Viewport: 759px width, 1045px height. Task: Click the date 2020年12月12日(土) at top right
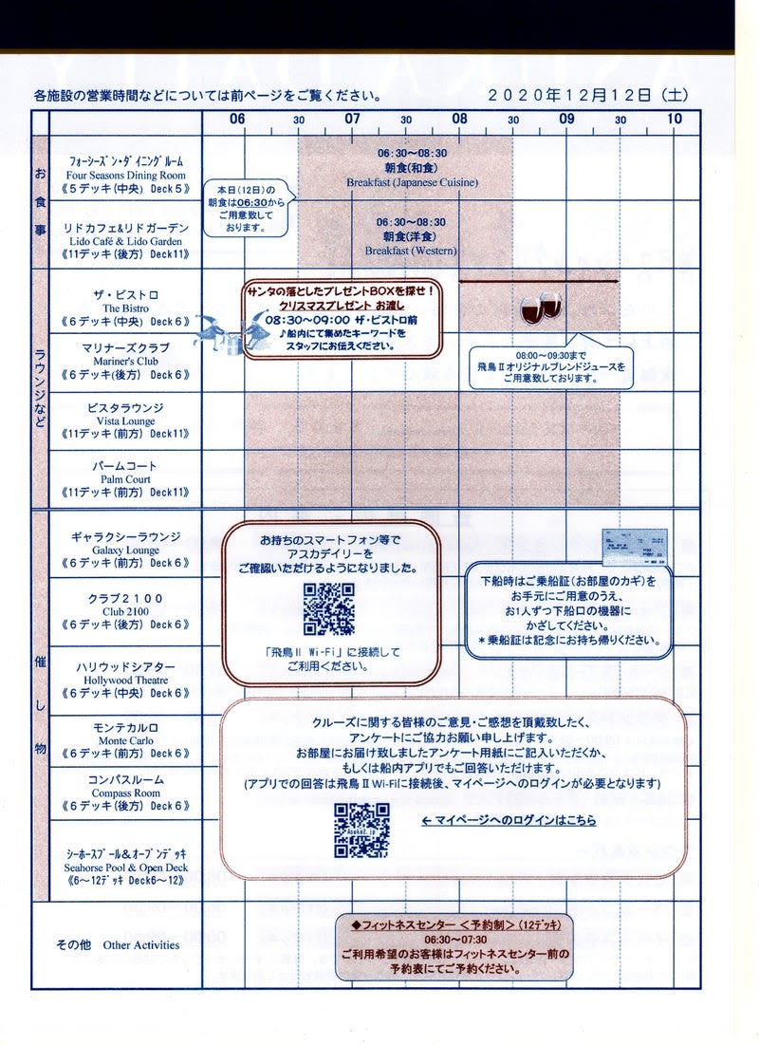(587, 95)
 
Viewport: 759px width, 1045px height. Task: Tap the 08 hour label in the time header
(459, 119)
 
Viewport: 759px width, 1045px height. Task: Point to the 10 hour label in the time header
(674, 119)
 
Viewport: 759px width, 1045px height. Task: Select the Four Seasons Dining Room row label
(125, 176)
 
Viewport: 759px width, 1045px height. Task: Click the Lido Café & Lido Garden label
(125, 241)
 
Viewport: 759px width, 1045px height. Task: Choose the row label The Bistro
(125, 308)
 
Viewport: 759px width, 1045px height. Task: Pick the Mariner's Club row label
(125, 361)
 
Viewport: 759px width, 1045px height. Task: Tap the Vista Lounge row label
(125, 420)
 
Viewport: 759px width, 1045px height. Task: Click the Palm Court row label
(125, 479)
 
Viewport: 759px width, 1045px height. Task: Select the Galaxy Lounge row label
(125, 550)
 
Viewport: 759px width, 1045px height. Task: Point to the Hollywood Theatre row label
(125, 680)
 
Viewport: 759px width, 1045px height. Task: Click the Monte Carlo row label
(125, 740)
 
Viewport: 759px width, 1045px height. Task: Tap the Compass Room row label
(125, 793)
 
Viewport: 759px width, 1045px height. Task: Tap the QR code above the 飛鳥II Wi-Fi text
(328, 609)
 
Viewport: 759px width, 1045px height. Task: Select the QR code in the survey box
(361, 830)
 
